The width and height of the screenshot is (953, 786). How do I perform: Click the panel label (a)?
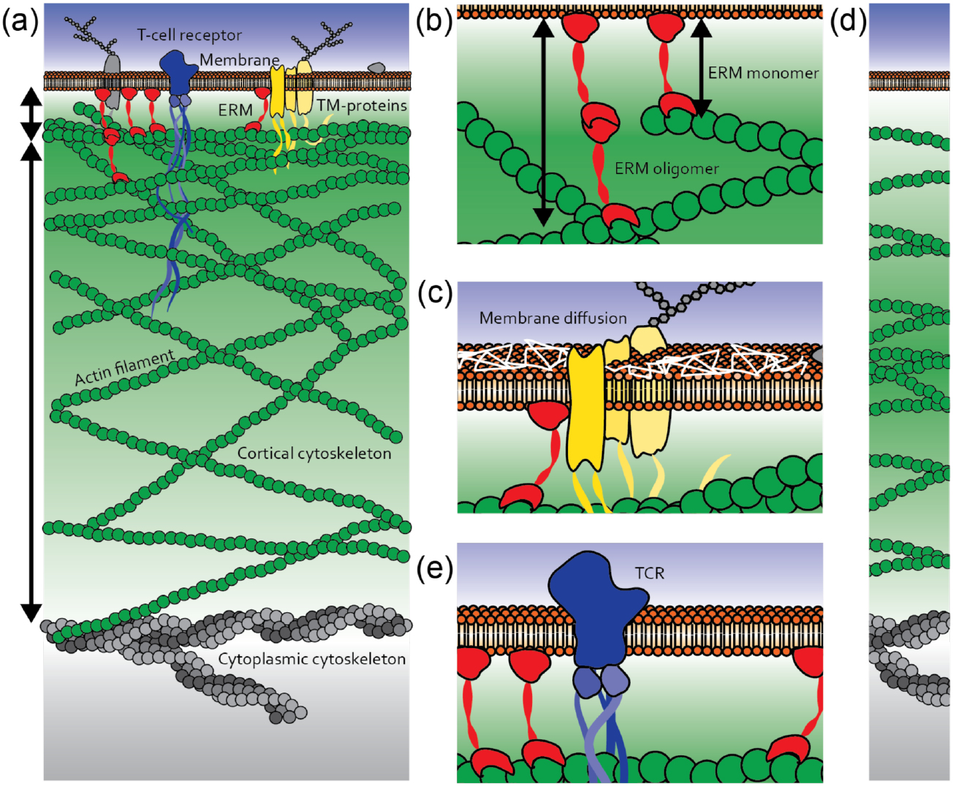[20, 22]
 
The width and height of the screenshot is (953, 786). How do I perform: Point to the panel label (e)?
[435, 567]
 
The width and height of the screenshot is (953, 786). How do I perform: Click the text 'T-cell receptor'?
[189, 35]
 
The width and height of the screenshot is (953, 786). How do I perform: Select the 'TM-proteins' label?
[362, 106]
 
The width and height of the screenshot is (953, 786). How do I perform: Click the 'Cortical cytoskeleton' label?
[314, 454]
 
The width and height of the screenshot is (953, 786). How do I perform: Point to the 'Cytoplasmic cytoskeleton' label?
[312, 659]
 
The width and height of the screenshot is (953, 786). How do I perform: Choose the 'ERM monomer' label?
[763, 73]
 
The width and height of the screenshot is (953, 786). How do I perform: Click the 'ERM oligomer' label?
[667, 169]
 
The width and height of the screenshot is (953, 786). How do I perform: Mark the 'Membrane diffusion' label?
[553, 318]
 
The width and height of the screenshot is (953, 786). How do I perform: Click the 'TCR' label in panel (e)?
[650, 573]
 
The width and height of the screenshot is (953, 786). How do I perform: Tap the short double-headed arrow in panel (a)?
[31, 113]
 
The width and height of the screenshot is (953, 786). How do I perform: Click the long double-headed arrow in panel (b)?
[542, 121]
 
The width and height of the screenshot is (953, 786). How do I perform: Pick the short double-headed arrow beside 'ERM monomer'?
[701, 68]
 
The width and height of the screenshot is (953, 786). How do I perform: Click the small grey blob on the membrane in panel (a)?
[376, 68]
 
